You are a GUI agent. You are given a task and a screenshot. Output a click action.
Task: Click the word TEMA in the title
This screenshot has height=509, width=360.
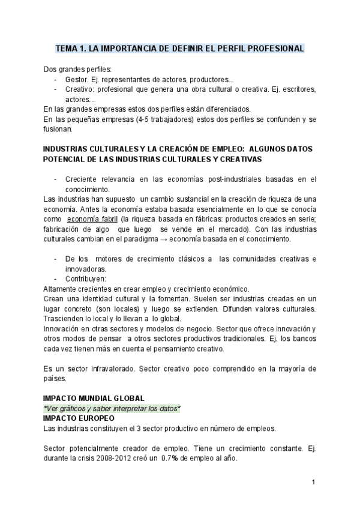point(66,48)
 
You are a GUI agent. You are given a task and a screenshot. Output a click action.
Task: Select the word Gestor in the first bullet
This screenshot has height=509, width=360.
point(77,79)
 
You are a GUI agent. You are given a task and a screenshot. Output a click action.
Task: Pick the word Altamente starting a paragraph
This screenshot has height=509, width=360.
point(62,289)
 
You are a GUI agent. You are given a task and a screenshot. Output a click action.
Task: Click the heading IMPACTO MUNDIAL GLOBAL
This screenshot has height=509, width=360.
point(94,398)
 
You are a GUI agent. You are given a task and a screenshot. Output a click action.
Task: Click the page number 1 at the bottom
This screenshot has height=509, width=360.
point(314,482)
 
